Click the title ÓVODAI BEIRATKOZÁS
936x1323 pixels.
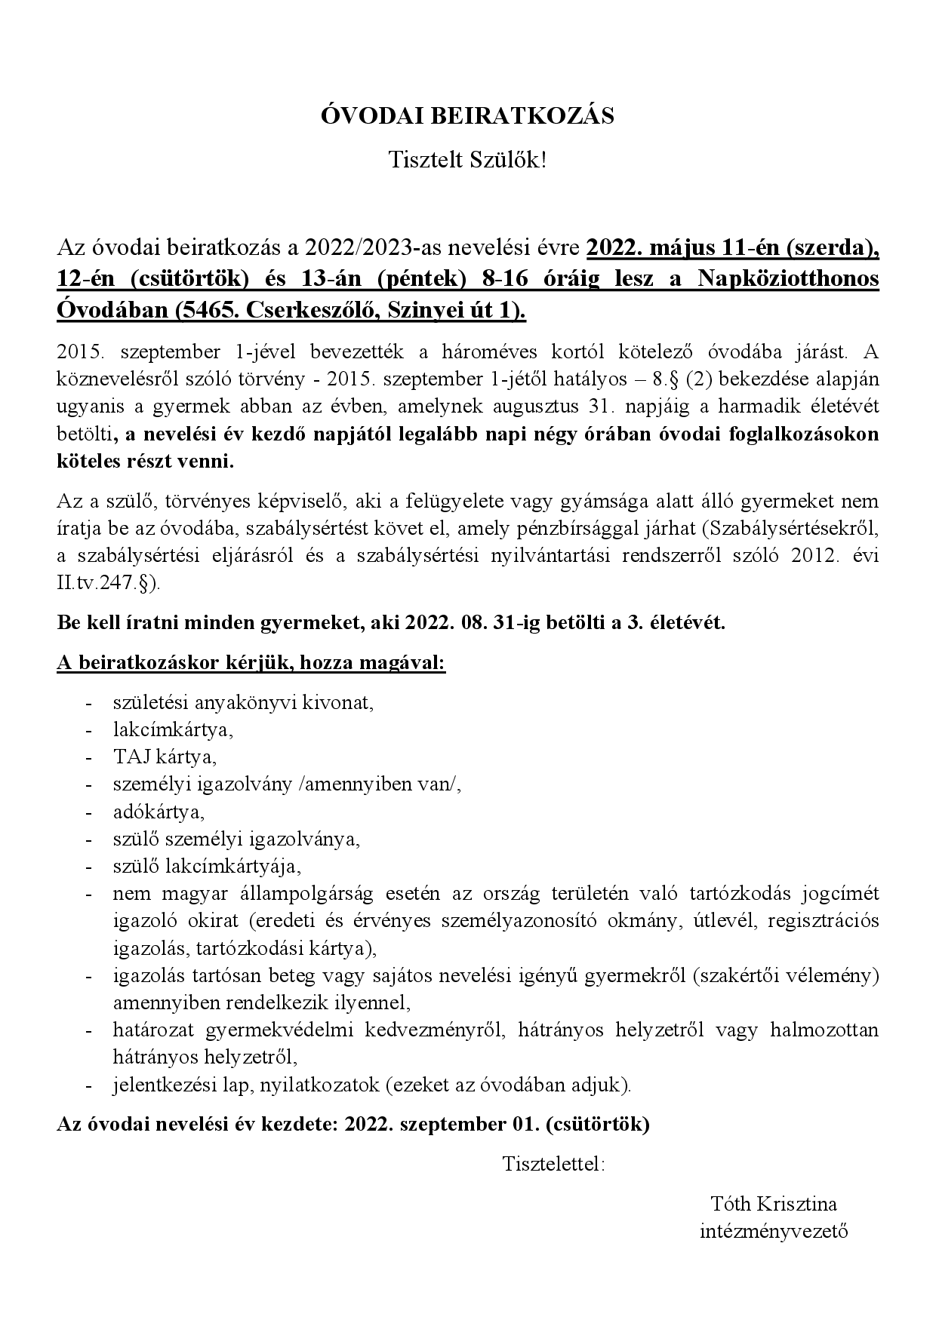[x=467, y=116]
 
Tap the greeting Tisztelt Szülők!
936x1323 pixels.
[x=467, y=159]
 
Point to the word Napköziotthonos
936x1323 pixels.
[x=788, y=278]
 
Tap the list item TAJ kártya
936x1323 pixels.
[x=165, y=757]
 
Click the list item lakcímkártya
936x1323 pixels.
[x=173, y=729]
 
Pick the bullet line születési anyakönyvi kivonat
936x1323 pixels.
[x=243, y=702]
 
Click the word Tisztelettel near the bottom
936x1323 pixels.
[x=553, y=1164]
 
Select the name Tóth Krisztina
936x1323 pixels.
[x=774, y=1205]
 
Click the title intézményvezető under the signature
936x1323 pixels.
[x=774, y=1232]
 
